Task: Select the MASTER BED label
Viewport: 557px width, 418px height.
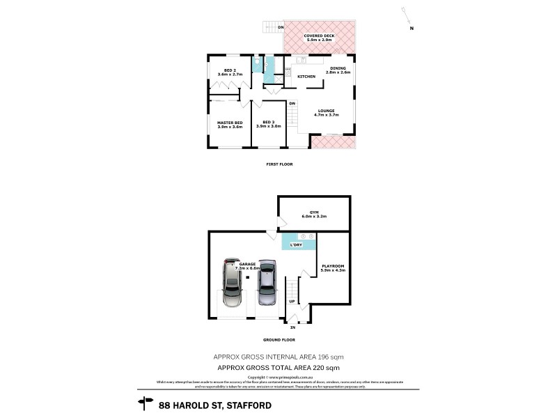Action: point(230,123)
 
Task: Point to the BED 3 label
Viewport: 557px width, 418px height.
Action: point(268,123)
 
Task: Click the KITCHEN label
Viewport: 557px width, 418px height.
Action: point(306,76)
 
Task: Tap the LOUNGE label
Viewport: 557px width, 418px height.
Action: point(326,110)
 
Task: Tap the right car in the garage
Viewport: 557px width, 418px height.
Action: point(266,284)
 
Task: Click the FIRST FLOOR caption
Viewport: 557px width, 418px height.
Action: point(279,164)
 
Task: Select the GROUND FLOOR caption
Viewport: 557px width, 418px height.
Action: point(279,340)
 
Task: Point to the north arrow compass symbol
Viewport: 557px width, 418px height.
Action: point(407,19)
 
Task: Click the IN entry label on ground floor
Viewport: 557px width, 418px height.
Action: point(292,327)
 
